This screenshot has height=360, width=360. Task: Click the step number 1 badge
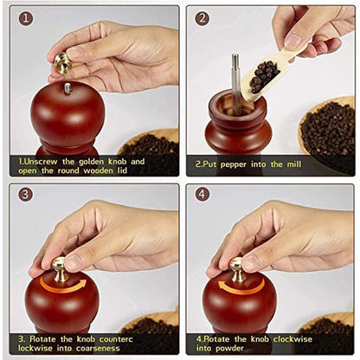[x=26, y=17]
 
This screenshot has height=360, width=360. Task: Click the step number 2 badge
[x=202, y=17]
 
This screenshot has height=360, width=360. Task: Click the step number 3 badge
[x=26, y=195]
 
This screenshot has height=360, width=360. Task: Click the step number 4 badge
[x=202, y=195]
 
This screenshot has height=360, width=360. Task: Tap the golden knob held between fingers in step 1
[x=62, y=62]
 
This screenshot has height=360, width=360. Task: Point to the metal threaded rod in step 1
[x=67, y=87]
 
